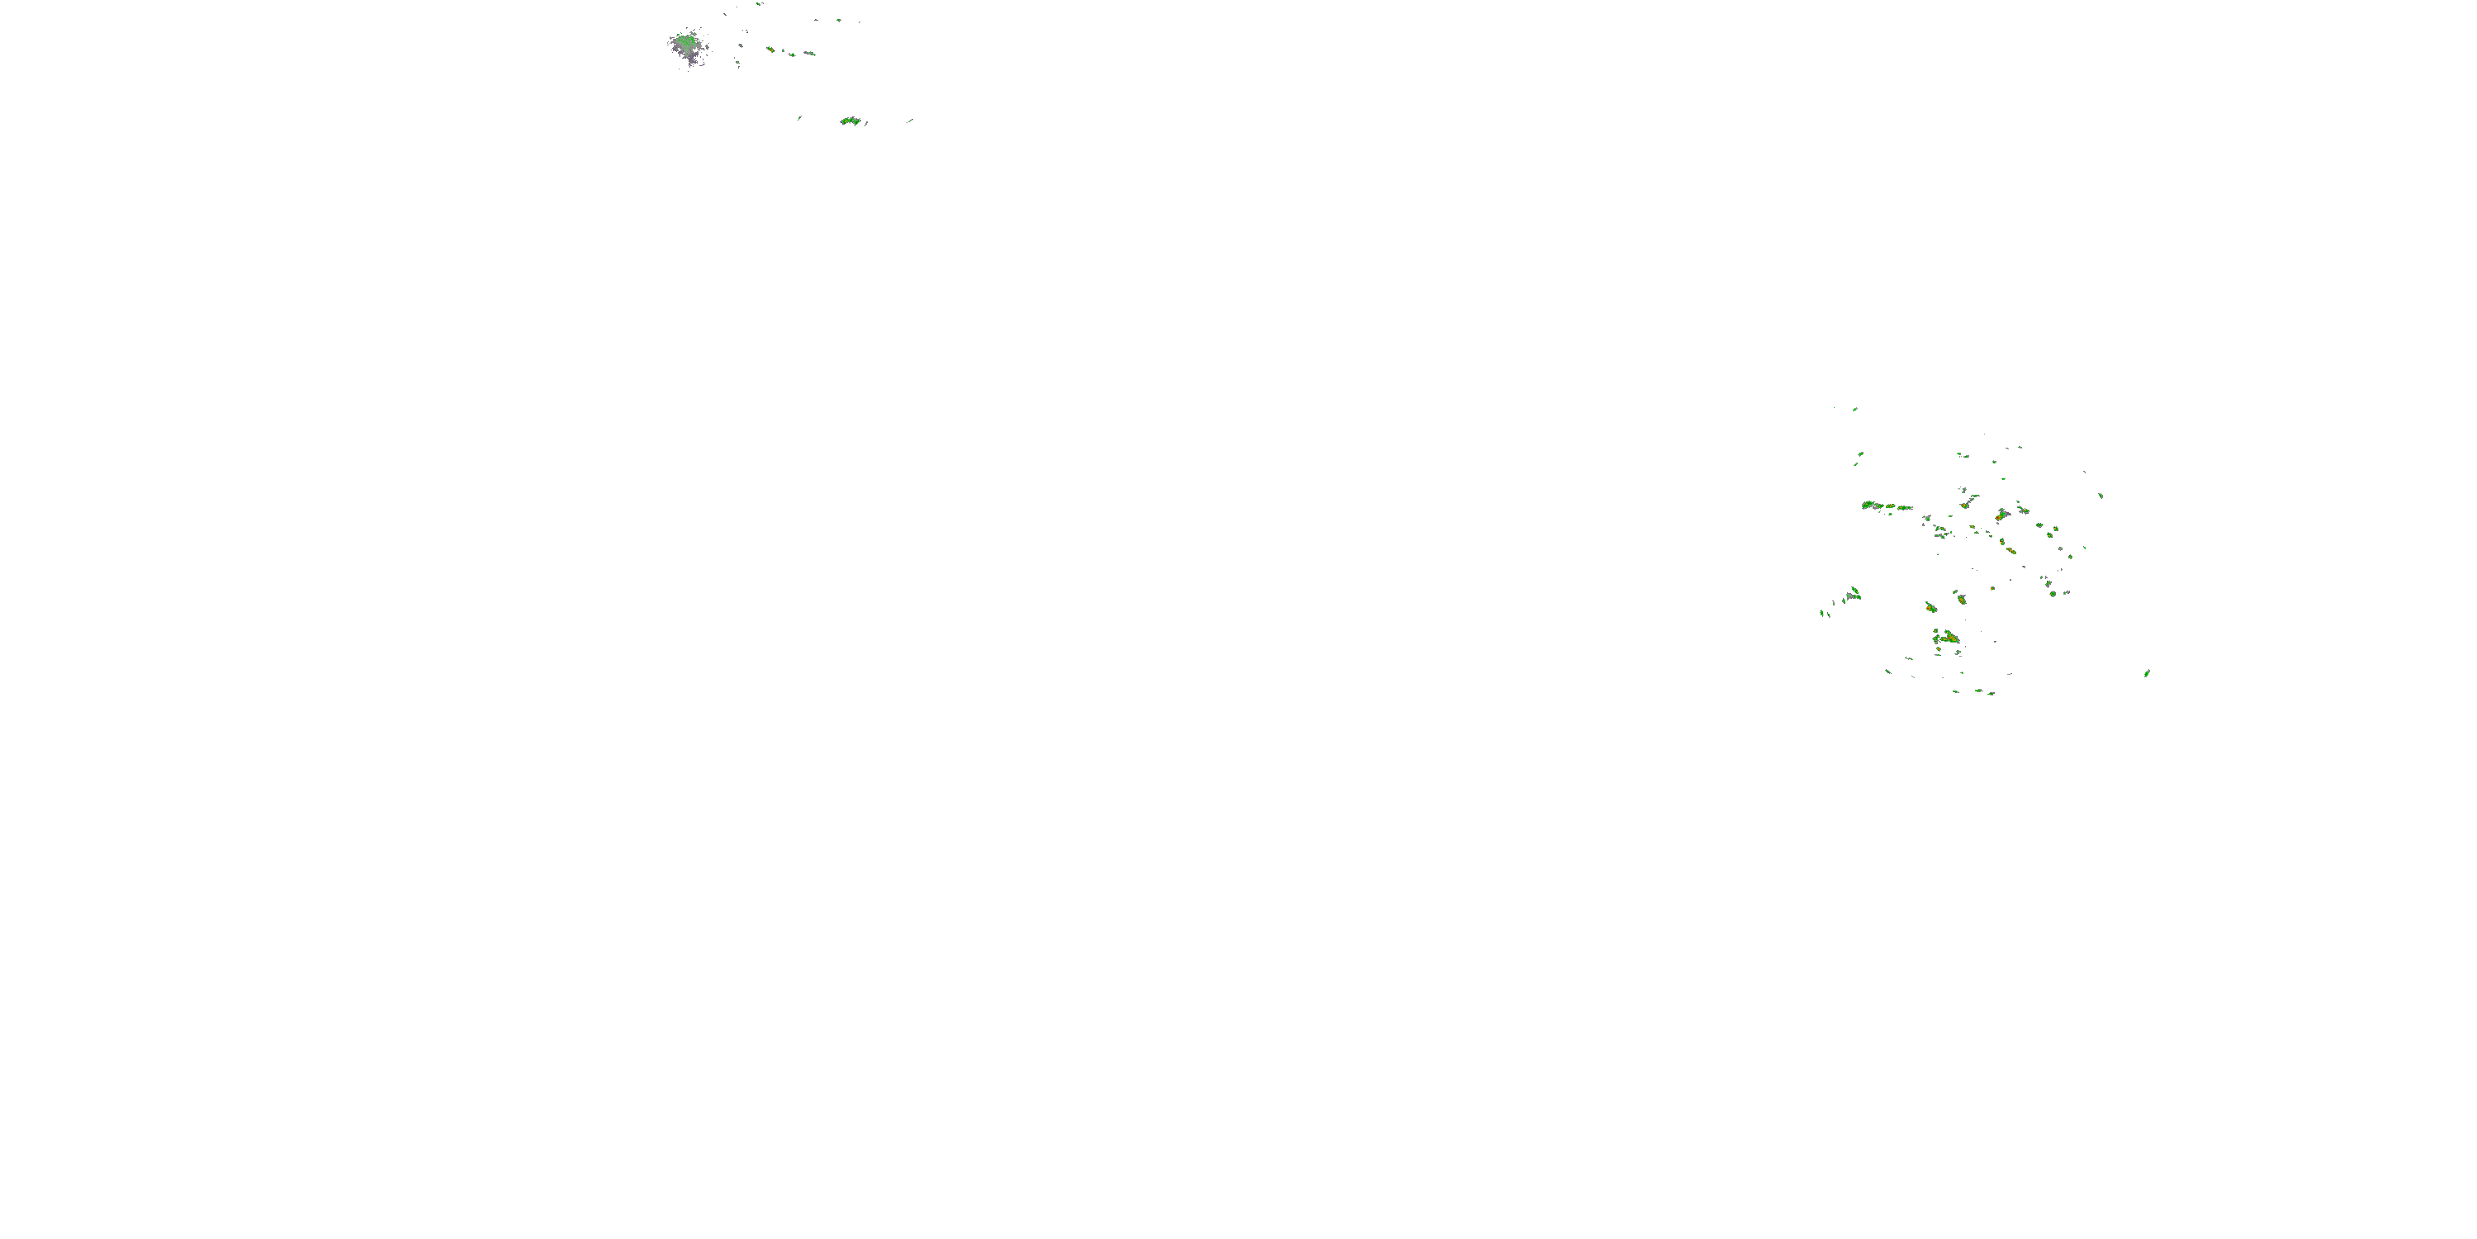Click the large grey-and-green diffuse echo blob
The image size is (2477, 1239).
click(x=687, y=46)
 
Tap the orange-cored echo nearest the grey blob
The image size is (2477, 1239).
click(x=770, y=49)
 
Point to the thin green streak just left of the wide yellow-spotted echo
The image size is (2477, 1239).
click(x=799, y=118)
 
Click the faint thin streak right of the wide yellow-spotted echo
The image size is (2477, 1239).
click(x=910, y=121)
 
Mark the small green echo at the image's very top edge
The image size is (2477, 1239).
click(x=760, y=4)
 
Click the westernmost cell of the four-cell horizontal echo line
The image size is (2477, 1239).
click(x=1868, y=504)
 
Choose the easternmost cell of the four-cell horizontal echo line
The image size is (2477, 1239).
click(x=1905, y=507)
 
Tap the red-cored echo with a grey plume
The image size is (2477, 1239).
click(x=2001, y=515)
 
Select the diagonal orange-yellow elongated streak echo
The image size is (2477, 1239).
click(x=2010, y=550)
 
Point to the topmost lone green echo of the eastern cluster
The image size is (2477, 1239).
click(x=1855, y=409)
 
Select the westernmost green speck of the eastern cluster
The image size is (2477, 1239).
click(x=1822, y=612)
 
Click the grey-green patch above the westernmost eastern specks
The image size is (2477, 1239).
click(x=1853, y=595)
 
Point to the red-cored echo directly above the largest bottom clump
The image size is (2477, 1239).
click(x=1930, y=608)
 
